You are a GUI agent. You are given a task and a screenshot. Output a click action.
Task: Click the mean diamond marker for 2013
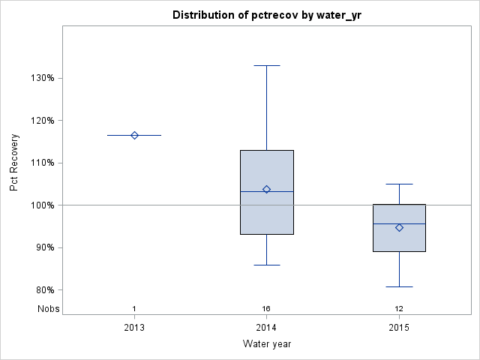(134, 135)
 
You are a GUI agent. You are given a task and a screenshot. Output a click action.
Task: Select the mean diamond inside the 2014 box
(266, 189)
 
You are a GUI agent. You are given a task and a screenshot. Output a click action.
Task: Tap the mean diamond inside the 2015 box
(399, 227)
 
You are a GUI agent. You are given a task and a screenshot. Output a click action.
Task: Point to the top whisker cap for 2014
(266, 65)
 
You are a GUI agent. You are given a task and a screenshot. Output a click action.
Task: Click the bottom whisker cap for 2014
(266, 265)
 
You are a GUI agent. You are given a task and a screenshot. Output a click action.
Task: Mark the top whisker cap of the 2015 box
(399, 184)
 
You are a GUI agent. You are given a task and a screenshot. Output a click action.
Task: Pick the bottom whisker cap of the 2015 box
(399, 286)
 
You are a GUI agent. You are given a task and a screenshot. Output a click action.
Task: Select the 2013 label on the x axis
(134, 328)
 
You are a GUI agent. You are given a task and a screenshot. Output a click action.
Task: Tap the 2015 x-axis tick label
(399, 328)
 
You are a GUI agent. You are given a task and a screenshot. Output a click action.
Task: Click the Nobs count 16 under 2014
(266, 309)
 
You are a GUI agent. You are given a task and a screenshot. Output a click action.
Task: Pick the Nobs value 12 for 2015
(399, 309)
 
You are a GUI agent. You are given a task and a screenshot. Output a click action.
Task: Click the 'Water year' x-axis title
(267, 344)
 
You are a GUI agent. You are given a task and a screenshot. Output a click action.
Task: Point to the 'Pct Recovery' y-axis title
(14, 163)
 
